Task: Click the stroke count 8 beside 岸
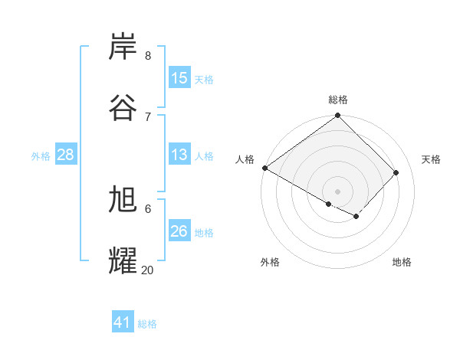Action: click(148, 55)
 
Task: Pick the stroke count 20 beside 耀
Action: click(148, 270)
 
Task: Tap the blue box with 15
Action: click(179, 78)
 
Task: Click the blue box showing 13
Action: click(179, 155)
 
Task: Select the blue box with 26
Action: click(179, 231)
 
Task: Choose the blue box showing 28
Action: click(66, 155)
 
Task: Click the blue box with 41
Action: click(123, 322)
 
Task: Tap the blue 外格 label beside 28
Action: click(41, 156)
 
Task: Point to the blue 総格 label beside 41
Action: click(147, 324)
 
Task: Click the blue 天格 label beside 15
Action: click(204, 79)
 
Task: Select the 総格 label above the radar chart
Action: click(338, 100)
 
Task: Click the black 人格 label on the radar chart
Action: click(245, 159)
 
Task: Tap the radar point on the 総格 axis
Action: click(338, 116)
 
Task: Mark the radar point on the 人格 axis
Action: click(264, 168)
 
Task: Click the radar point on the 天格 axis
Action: click(396, 172)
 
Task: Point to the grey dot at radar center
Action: click(338, 191)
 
